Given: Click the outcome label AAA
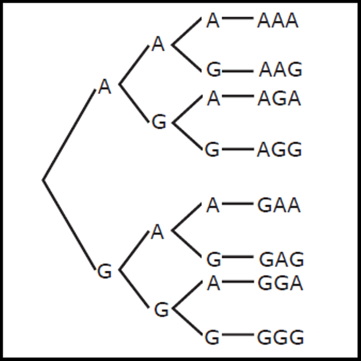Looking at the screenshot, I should [x=278, y=21].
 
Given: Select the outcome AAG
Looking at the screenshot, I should [x=280, y=70].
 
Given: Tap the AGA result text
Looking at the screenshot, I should [x=279, y=99].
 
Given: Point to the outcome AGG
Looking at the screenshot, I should [x=279, y=150].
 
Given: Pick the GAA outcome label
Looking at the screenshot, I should [x=279, y=205].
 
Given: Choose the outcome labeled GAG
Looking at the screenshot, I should [x=281, y=260].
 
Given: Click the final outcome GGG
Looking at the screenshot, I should [x=280, y=337].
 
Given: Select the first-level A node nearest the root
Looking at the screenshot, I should [x=104, y=87].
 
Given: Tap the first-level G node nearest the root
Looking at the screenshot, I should [x=104, y=272].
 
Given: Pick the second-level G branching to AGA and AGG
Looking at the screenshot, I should [x=160, y=122].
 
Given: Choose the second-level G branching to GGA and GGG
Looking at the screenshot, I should [x=161, y=310].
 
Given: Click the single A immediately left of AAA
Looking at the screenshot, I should [x=212, y=21].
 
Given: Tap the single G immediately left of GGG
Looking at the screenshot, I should [x=212, y=337].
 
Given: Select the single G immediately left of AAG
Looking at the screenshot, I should [x=213, y=70].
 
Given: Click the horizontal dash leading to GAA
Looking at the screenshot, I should [x=237, y=204].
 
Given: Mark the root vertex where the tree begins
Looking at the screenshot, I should [x=43, y=180].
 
